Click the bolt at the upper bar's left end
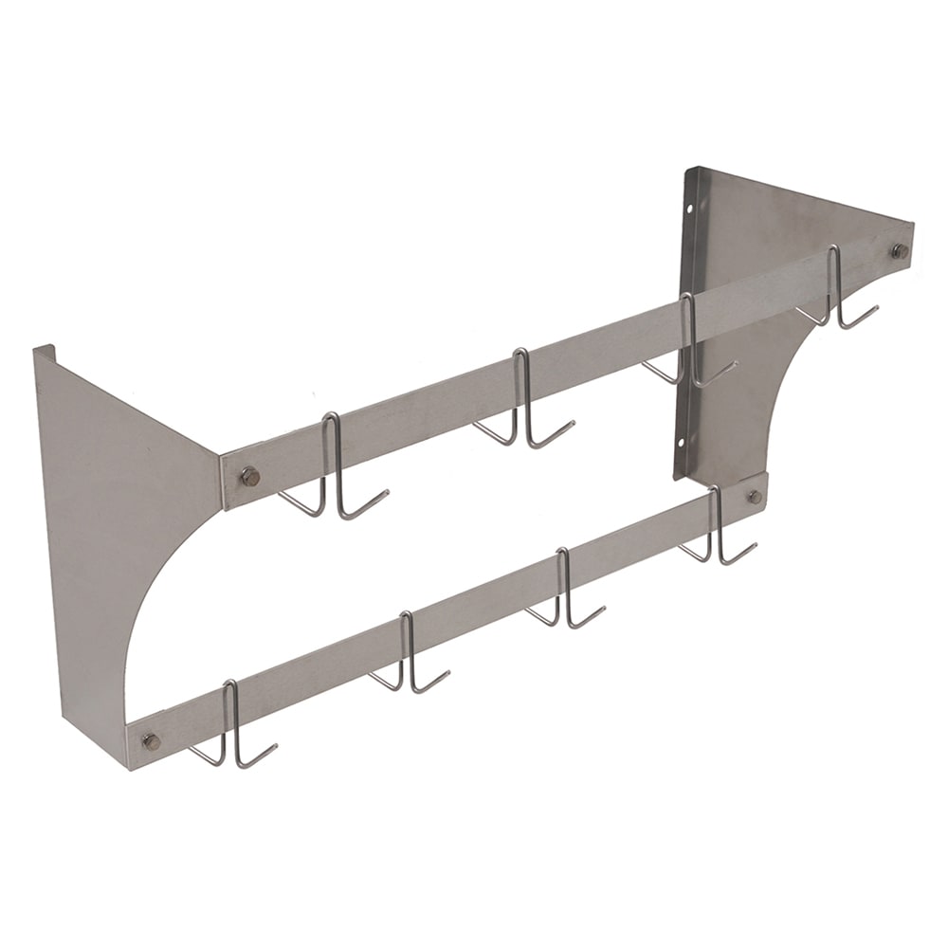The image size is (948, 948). (x=248, y=476)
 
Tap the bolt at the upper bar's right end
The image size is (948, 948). (x=899, y=251)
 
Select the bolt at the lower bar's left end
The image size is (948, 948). (x=150, y=740)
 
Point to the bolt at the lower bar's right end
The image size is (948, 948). (x=754, y=496)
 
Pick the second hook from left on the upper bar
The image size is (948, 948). (x=522, y=398)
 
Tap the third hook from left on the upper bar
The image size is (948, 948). (x=690, y=341)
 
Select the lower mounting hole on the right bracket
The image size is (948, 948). (x=685, y=440)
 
